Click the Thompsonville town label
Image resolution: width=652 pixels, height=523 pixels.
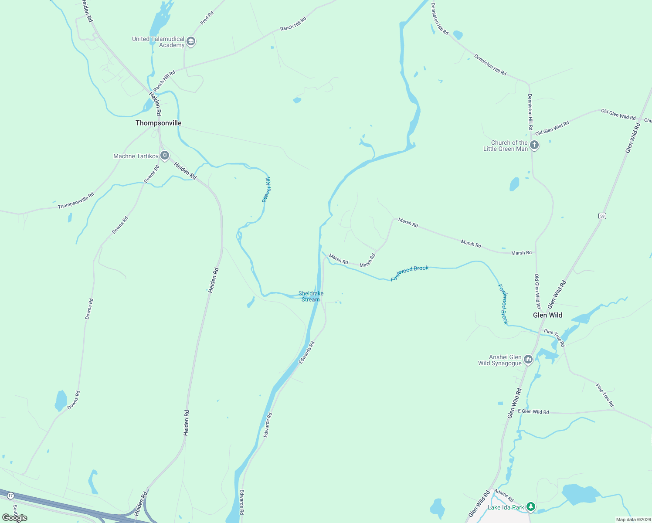click(x=158, y=123)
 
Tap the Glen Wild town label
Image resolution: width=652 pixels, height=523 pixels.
click(x=547, y=315)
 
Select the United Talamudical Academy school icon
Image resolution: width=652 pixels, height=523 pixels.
click(x=190, y=42)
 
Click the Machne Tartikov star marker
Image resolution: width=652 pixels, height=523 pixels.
click(x=164, y=156)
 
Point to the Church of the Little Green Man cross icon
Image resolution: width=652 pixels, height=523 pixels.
click(x=534, y=145)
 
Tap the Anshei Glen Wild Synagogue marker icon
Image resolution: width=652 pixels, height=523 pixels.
click(x=528, y=360)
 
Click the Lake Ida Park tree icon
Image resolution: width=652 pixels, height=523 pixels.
click(x=530, y=507)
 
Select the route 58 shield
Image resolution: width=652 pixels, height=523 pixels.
click(x=602, y=216)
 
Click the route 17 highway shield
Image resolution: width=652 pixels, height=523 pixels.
click(x=10, y=496)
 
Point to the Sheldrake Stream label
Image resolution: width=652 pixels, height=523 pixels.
click(x=311, y=296)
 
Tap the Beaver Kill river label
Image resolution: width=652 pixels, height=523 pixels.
click(x=266, y=190)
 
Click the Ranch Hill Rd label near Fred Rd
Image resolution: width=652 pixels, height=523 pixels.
click(x=293, y=24)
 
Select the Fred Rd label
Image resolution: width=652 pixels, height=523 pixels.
click(x=207, y=18)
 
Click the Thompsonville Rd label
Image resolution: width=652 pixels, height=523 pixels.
click(x=76, y=200)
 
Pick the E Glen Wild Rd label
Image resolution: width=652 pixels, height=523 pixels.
click(x=533, y=411)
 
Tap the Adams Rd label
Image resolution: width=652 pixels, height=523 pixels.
click(x=504, y=496)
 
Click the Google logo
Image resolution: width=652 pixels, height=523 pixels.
click(x=14, y=518)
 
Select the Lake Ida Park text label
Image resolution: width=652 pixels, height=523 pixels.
click(x=506, y=507)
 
